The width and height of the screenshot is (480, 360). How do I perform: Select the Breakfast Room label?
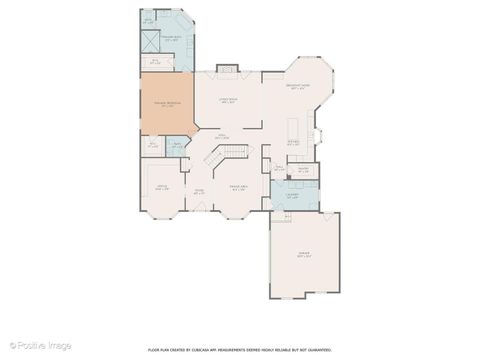point(298,89)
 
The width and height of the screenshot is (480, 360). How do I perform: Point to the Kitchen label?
point(294,142)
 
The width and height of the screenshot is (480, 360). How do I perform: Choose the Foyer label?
point(198,191)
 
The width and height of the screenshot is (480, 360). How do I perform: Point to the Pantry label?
point(302,170)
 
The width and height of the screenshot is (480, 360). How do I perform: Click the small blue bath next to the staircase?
point(176,148)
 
